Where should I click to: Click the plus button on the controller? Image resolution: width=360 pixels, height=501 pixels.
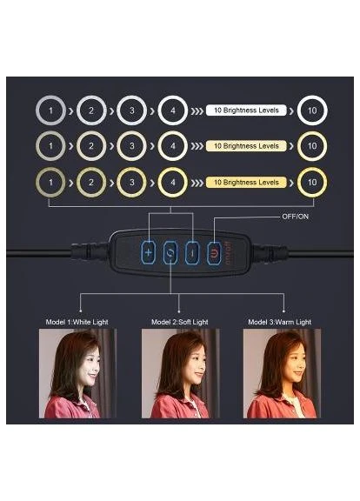148,253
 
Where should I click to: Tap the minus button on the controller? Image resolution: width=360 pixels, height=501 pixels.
192,253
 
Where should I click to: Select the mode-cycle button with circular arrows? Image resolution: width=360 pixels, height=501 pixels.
170,253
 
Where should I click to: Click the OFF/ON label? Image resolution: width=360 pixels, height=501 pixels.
295,217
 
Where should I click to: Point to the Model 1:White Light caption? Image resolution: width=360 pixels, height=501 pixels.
77,322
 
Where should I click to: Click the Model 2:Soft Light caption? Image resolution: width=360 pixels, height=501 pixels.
180,322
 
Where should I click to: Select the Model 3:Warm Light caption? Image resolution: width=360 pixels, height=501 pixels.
279,322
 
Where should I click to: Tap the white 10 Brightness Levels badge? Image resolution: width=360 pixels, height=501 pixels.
246,110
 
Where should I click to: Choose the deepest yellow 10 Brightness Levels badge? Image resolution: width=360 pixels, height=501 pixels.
246,183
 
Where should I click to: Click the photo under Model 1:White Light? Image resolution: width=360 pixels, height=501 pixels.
77,373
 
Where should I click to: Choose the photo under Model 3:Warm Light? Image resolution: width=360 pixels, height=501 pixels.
282,373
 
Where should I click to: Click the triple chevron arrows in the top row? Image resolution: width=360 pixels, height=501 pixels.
197,110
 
